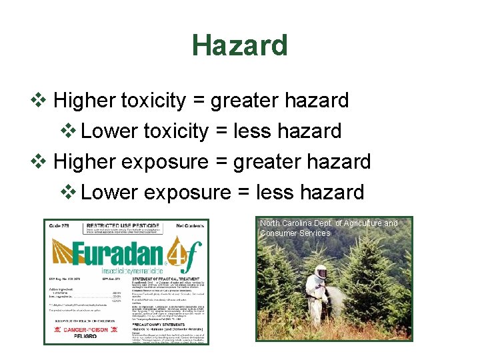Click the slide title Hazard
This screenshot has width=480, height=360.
tap(239, 45)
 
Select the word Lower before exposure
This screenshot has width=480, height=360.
tap(109, 193)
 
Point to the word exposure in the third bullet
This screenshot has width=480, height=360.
tap(167, 162)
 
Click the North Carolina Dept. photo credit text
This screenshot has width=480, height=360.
tap(328, 223)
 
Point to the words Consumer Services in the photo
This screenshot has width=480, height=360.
tap(295, 233)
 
